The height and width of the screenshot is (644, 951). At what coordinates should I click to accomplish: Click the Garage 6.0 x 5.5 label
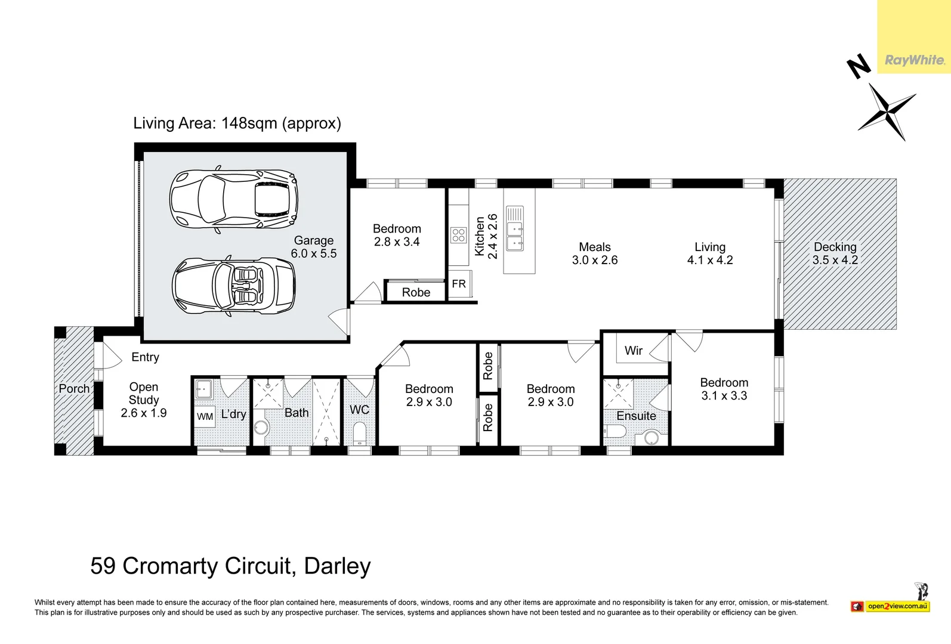click(x=314, y=247)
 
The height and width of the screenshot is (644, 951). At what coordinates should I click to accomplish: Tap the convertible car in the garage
click(x=233, y=286)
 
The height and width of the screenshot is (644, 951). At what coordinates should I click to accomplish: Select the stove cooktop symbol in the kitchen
click(x=458, y=235)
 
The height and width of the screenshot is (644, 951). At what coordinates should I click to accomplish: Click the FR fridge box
click(x=459, y=284)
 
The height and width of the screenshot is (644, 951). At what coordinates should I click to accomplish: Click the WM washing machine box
click(x=205, y=416)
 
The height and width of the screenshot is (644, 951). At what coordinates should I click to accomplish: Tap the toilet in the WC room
click(x=360, y=433)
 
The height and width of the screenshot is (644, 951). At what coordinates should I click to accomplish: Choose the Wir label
click(x=634, y=351)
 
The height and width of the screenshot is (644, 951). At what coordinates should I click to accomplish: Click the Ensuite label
click(x=636, y=416)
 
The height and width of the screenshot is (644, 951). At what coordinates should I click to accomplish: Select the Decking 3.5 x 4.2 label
click(x=835, y=253)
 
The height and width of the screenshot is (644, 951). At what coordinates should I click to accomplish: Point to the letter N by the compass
click(x=859, y=66)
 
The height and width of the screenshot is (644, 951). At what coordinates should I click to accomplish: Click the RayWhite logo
click(x=914, y=60)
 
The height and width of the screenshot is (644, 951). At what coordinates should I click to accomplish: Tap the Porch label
click(x=74, y=388)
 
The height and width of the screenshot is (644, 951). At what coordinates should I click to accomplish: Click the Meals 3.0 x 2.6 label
click(x=595, y=253)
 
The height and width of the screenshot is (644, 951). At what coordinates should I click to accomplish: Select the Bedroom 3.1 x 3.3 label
click(x=724, y=389)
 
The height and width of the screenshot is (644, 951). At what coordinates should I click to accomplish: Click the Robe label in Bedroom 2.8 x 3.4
click(x=416, y=292)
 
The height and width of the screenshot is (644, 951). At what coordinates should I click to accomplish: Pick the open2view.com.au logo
click(x=897, y=606)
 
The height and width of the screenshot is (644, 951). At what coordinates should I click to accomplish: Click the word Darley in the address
click(x=337, y=566)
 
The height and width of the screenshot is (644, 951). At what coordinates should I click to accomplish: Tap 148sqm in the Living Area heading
click(x=249, y=123)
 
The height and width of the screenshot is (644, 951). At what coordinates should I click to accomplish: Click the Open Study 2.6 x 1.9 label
click(x=144, y=400)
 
